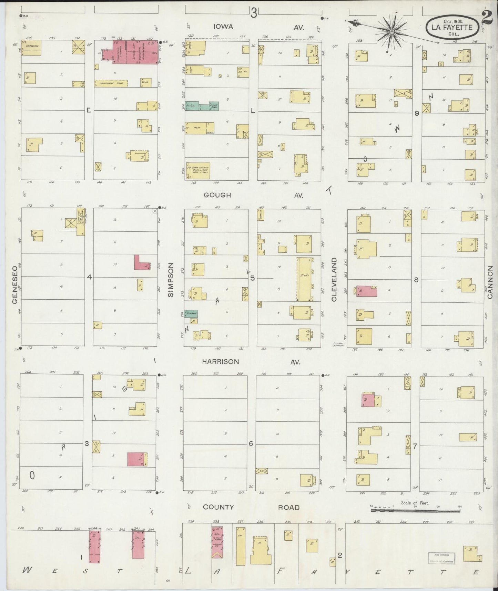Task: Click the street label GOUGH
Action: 217,195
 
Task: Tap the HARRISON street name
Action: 220,362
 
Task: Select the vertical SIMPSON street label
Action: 171,278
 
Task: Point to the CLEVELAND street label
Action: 334,280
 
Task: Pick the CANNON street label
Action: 491,281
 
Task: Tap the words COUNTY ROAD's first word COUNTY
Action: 218,507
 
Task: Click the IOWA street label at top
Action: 223,27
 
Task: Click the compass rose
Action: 392,32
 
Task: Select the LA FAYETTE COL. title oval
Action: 452,26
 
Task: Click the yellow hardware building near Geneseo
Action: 31,48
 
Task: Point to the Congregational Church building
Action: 198,171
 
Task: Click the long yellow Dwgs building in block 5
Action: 304,279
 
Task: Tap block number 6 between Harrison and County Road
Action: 251,443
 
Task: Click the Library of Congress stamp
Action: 441,558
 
